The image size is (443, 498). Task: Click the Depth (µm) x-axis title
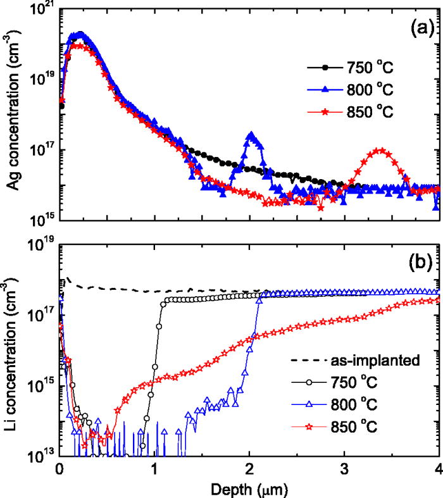coord(249,489)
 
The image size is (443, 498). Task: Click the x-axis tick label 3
coord(344,470)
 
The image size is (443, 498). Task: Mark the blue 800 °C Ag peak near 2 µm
coord(252,135)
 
